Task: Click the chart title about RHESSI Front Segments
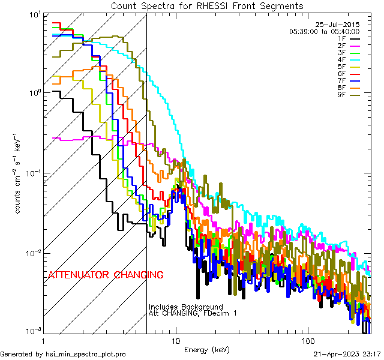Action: (207, 6)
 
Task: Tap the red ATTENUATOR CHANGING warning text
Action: (106, 275)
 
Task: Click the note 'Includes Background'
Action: (185, 307)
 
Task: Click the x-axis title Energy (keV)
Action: (207, 349)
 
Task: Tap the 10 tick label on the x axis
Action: (176, 340)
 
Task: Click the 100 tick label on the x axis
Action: (307, 340)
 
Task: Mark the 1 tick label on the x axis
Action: (43, 340)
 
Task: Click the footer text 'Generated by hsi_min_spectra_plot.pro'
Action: (63, 355)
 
